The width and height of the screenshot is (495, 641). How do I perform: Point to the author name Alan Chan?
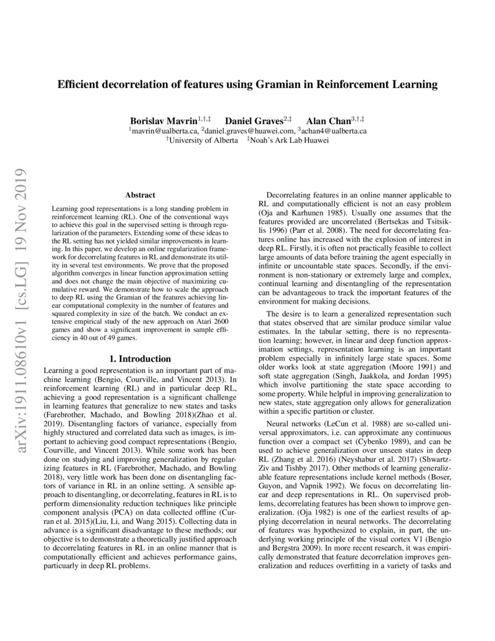coord(327,121)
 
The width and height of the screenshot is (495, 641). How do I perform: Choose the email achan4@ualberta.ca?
coord(334,131)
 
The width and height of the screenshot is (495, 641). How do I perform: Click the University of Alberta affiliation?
coord(203,140)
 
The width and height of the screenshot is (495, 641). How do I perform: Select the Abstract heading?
coord(140,195)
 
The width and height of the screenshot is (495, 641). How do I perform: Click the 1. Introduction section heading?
coord(140,359)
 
